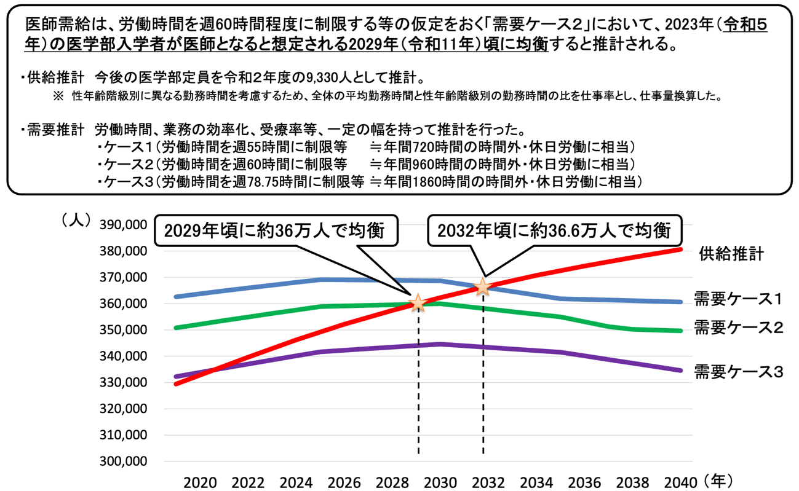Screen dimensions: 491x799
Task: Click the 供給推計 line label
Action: click(731, 254)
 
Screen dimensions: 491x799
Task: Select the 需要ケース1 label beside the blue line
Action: click(737, 299)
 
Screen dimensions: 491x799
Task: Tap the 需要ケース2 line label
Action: click(737, 327)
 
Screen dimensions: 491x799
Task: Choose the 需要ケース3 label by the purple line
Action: click(737, 371)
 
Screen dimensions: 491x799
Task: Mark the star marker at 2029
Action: click(418, 302)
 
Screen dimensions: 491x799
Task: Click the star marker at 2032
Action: click(483, 287)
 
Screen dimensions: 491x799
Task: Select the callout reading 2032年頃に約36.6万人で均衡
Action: click(554, 230)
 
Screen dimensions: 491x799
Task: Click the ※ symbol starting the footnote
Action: click(58, 96)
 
